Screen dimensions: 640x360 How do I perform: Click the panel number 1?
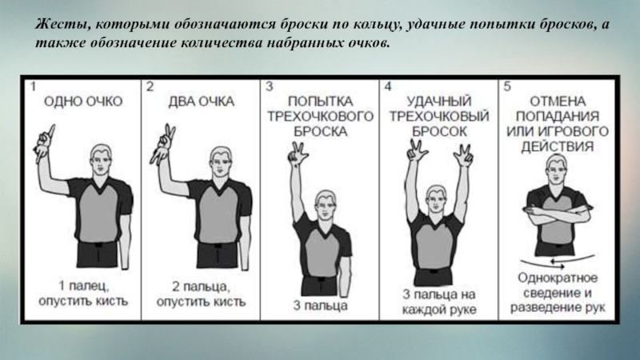[x=33, y=87]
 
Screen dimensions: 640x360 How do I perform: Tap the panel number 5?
[x=507, y=86]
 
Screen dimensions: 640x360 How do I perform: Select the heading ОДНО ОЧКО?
[x=83, y=102]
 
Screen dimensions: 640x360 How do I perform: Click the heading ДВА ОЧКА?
[x=202, y=102]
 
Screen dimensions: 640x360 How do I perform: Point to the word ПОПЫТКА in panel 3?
[x=321, y=102]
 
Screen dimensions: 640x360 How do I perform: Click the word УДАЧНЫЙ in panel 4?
[x=439, y=102]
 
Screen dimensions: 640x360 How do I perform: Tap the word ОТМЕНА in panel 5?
[x=558, y=102]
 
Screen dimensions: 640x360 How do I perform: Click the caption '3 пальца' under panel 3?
[x=321, y=306]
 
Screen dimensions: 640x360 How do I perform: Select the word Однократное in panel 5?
[x=558, y=278]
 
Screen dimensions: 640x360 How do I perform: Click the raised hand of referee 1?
[x=45, y=143]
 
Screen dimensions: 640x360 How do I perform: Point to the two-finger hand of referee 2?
[x=163, y=144]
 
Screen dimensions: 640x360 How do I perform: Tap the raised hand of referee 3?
[x=298, y=152]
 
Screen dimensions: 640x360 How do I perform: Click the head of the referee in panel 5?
[x=557, y=169]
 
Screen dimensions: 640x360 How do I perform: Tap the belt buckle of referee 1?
[x=98, y=245]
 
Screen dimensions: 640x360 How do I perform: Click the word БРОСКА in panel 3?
[x=321, y=131]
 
